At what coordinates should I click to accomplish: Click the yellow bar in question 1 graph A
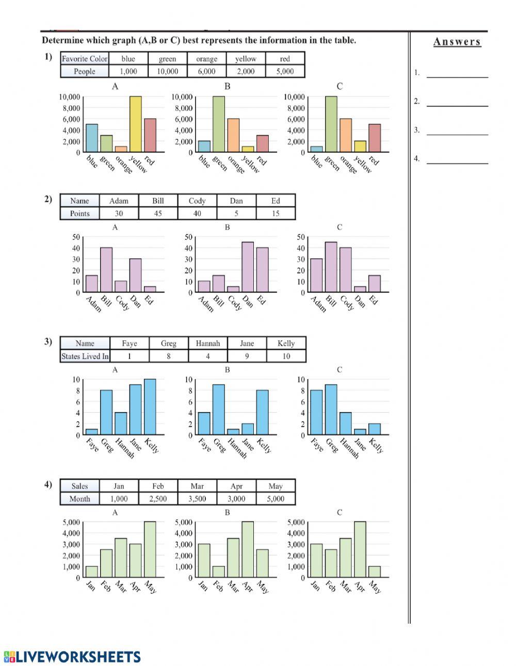[135, 124]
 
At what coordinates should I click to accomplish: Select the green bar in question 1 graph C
[331, 124]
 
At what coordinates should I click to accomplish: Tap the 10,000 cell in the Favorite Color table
[167, 72]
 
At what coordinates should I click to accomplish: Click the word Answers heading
[457, 42]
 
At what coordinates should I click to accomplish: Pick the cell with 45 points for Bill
[158, 214]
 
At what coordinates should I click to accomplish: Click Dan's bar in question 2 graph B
[248, 267]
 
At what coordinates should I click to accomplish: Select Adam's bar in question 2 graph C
[316, 275]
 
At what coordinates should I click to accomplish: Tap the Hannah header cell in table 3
[207, 344]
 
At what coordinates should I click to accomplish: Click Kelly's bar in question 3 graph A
[150, 407]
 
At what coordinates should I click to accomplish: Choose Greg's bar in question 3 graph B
[219, 410]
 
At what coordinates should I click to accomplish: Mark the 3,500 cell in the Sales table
[197, 499]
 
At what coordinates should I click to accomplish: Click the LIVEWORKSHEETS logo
[72, 657]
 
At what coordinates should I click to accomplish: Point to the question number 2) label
[48, 199]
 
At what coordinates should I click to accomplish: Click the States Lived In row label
[85, 356]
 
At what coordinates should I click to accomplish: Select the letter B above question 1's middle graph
[227, 87]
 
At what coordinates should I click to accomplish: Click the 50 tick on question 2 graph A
[76, 237]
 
